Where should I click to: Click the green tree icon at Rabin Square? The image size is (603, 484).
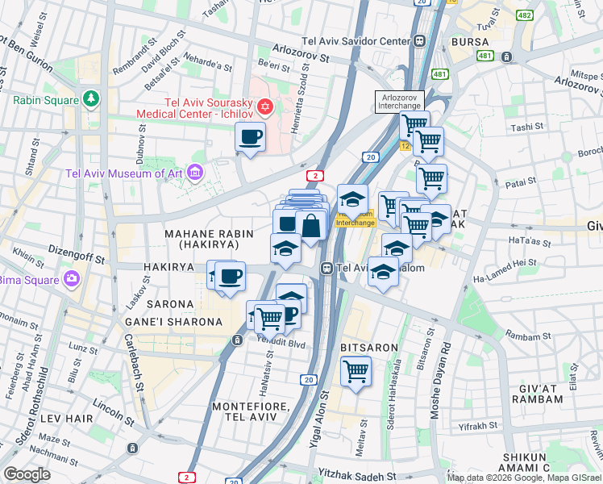pyautogui.click(x=90, y=100)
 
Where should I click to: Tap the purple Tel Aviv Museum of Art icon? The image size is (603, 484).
pyautogui.click(x=193, y=172)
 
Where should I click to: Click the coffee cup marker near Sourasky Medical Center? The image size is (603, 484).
pyautogui.click(x=250, y=137)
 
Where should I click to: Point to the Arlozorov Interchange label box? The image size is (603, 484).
pyautogui.click(x=399, y=101)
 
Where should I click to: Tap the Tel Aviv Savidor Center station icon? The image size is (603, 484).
pyautogui.click(x=420, y=41)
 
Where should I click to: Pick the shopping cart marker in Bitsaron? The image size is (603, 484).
pyautogui.click(x=356, y=372)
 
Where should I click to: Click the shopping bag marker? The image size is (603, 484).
pyautogui.click(x=310, y=227)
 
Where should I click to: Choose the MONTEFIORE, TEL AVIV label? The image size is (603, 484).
pyautogui.click(x=243, y=411)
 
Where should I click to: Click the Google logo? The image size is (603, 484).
pyautogui.click(x=27, y=474)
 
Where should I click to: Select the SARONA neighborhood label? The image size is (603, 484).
pyautogui.click(x=170, y=304)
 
